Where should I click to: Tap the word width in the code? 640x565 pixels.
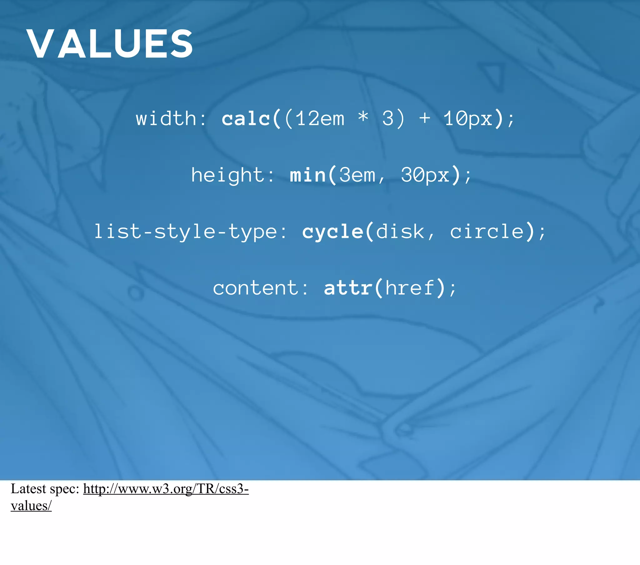[166, 119]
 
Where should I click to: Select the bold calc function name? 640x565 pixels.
[246, 119]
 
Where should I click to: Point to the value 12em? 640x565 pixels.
[320, 119]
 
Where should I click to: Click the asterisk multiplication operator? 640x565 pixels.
[363, 117]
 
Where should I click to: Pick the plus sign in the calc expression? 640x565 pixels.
[424, 119]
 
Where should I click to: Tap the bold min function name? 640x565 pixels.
[308, 175]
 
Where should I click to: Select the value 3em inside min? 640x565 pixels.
[357, 175]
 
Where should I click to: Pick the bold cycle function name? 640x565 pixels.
[332, 232]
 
